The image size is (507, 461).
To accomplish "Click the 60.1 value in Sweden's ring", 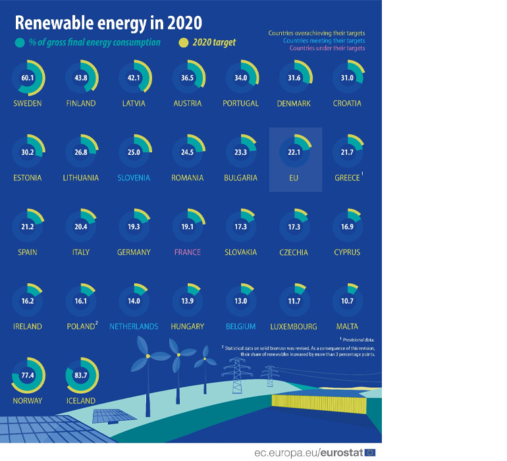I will (27, 78).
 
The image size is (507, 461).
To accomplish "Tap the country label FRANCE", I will (188, 252).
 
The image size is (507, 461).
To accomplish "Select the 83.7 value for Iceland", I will (81, 375).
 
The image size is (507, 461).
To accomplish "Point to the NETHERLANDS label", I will (134, 327).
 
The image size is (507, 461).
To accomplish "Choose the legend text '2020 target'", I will (214, 42).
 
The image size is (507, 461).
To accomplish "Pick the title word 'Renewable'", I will (54, 22).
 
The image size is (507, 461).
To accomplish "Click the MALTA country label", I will (347, 327).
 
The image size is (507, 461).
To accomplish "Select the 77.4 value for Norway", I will (27, 375).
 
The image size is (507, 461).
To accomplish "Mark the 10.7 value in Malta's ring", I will (347, 302).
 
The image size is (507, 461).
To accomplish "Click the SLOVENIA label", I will (134, 178).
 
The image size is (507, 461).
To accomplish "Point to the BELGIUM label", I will (241, 327).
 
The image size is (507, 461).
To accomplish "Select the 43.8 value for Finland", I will (81, 78).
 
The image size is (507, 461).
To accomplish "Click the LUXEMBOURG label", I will (294, 327).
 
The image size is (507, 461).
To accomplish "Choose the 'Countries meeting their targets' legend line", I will (323, 40).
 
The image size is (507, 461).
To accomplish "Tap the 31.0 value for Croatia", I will (347, 78).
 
